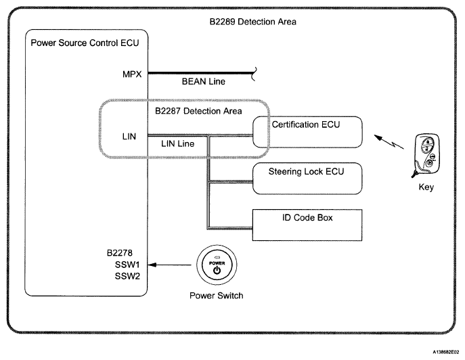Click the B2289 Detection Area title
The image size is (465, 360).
[252, 22]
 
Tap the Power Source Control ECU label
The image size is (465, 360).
[85, 43]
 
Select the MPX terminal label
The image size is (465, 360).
[132, 74]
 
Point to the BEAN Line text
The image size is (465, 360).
[204, 81]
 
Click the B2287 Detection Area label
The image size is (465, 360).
[198, 111]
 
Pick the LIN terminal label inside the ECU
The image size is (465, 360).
[129, 137]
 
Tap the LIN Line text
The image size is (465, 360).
[177, 143]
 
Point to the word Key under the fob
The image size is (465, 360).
[426, 187]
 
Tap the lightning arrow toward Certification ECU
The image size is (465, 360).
[389, 141]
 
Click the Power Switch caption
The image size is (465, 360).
[216, 296]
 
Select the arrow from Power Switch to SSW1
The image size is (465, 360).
[170, 265]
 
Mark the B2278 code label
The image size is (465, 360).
[120, 253]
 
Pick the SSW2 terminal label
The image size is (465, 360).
[127, 276]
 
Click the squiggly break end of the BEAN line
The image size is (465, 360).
[254, 74]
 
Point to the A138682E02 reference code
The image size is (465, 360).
[446, 352]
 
